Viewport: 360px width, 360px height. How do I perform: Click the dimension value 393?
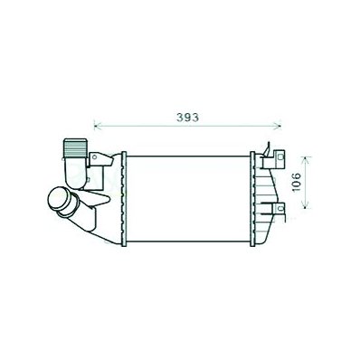click(187, 118)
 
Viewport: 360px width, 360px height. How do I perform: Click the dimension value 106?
click(297, 182)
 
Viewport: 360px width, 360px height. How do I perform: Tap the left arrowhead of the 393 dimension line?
click(97, 125)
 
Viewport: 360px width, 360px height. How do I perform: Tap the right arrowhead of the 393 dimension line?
click(279, 125)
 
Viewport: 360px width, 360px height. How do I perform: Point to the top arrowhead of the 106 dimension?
click(306, 159)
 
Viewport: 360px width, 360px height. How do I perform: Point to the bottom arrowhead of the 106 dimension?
click(306, 205)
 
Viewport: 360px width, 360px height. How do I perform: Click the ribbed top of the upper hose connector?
click(74, 147)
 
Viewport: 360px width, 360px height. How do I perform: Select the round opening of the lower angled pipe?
click(56, 200)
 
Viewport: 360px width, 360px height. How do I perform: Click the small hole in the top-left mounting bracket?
click(94, 156)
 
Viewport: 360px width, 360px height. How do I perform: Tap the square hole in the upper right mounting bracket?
click(281, 156)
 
